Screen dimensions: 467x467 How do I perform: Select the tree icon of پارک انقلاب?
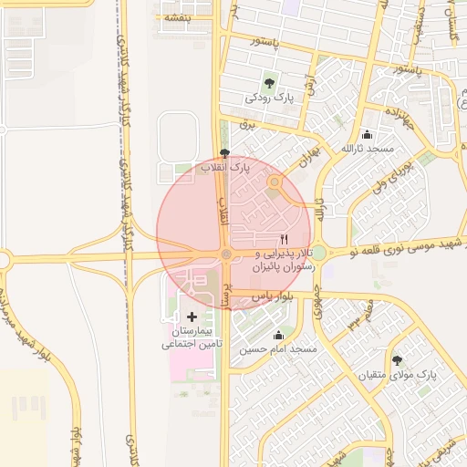coord(225,153)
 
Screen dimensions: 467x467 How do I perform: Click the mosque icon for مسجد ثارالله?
coord(367,134)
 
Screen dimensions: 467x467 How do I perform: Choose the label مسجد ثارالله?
coord(367,148)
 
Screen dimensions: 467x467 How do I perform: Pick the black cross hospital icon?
coord(192,316)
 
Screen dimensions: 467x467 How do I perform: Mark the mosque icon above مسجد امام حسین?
coord(278,335)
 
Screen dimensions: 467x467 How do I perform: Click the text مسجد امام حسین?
coord(278,349)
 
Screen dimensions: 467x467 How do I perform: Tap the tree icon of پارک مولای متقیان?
coord(397,359)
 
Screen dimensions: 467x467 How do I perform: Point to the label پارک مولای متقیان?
coord(397,374)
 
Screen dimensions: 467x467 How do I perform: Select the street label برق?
coord(244,122)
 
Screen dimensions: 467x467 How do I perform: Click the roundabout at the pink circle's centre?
coord(225,254)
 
